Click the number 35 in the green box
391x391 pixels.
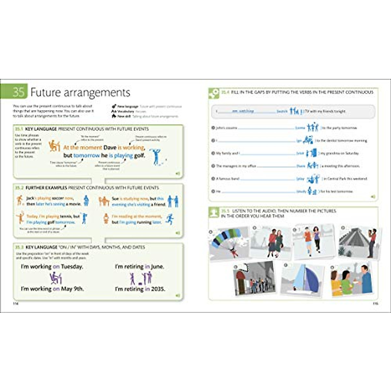click(19, 92)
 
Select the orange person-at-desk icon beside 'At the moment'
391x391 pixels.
click(54, 146)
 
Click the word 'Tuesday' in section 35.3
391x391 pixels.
click(72, 267)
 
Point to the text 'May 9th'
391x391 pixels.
click(72, 289)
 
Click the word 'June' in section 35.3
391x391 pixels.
click(157, 267)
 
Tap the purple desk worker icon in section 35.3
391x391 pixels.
click(55, 278)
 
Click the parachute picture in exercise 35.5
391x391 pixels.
click(228, 243)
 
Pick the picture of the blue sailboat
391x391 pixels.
click(302, 280)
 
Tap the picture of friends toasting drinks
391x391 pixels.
click(351, 280)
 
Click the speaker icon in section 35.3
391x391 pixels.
click(178, 296)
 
